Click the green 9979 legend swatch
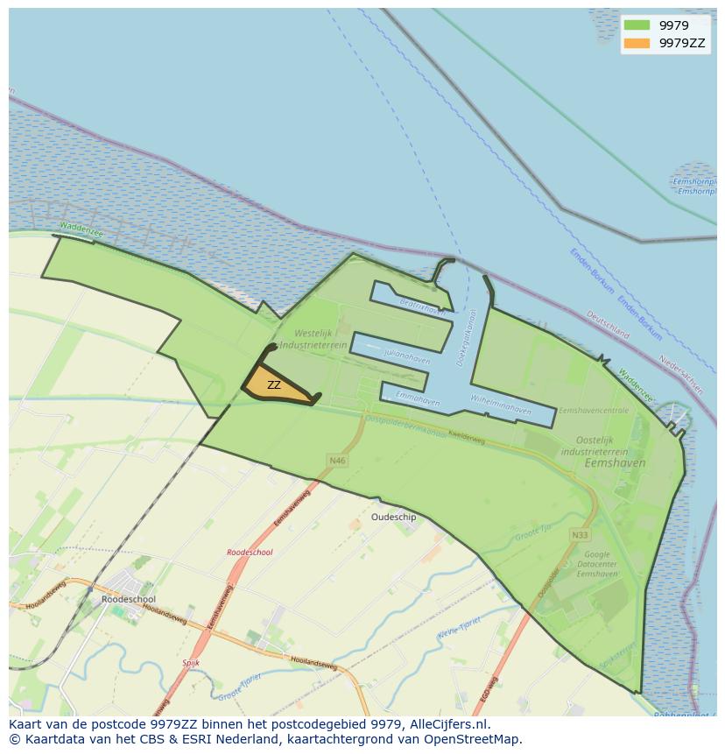tap(637, 25)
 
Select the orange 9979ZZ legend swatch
tap(637, 43)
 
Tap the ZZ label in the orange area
tap(274, 385)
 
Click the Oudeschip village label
tap(393, 518)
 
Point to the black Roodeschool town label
tap(128, 599)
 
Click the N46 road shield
tap(336, 460)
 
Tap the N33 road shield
tap(579, 535)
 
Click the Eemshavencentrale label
tap(594, 410)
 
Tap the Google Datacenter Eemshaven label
tap(597, 564)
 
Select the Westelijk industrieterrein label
tap(321, 340)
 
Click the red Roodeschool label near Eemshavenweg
tap(250, 553)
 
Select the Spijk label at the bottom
tap(191, 663)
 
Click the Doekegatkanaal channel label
tap(466, 335)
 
